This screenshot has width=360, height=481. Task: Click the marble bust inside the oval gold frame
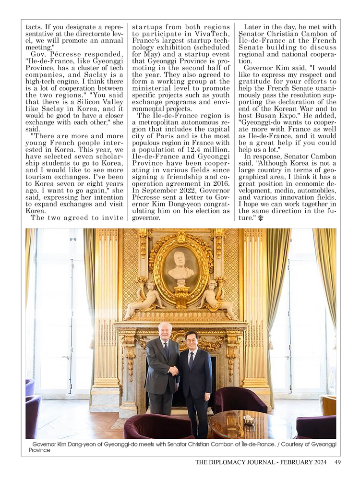(181, 266)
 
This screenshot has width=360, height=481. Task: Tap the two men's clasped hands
(174, 370)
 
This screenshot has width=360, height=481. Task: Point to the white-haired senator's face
(165, 331)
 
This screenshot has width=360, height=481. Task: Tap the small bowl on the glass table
(249, 419)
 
